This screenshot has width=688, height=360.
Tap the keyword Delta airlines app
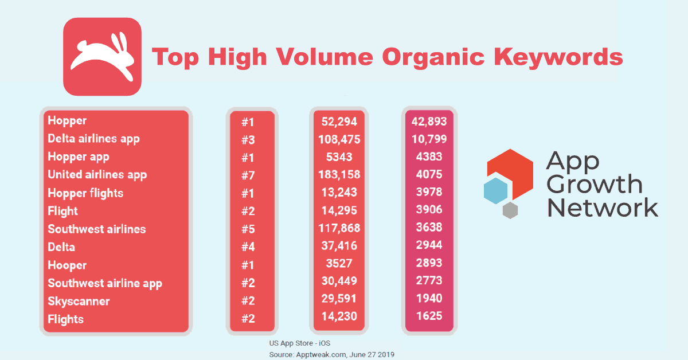click(93, 139)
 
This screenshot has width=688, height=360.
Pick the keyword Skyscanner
click(79, 301)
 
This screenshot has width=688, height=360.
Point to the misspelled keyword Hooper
click(67, 265)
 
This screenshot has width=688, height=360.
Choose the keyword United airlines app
click(97, 175)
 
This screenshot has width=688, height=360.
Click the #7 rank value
click(248, 175)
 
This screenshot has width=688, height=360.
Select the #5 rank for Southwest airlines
click(248, 229)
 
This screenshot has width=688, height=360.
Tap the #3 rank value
click(248, 139)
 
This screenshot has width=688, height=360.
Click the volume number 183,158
click(339, 175)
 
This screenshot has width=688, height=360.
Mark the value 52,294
click(339, 121)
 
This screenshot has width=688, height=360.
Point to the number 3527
click(339, 265)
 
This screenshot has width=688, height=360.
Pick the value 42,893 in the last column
click(429, 121)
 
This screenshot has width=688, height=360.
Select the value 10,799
click(429, 139)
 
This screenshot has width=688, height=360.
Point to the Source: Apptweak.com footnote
click(331, 355)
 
